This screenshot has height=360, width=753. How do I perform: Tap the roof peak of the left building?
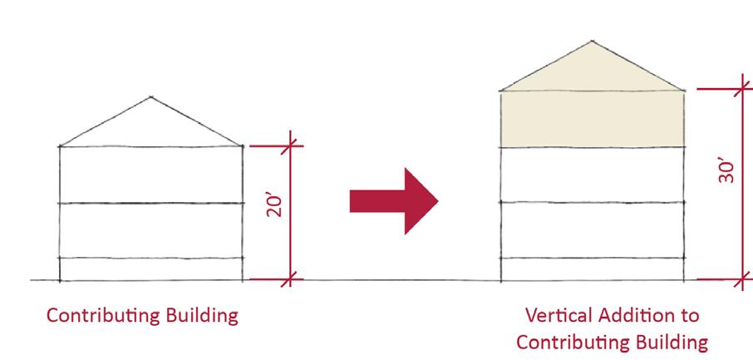point(150,96)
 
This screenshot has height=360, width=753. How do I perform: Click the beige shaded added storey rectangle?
point(592,119)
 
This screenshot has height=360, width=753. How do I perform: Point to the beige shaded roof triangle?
point(592,72)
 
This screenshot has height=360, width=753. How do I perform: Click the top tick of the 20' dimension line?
point(290,146)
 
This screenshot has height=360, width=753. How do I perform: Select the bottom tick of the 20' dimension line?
point(290,280)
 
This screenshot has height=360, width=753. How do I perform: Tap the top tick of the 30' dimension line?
point(743,88)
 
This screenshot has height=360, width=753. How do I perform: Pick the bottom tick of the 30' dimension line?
point(743,280)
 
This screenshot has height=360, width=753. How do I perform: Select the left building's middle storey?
point(150,230)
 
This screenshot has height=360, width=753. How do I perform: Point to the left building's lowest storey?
point(150,269)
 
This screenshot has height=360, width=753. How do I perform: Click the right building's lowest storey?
point(592,269)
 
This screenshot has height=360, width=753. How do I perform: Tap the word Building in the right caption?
point(665,342)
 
